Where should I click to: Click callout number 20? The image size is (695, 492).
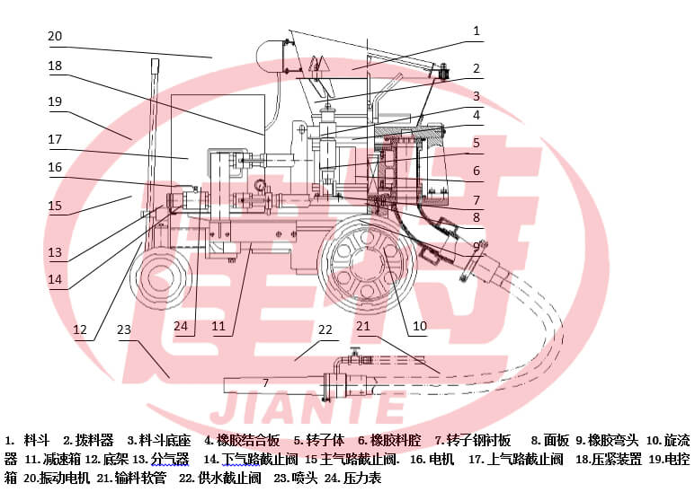click(55, 36)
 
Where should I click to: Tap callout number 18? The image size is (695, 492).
click(55, 66)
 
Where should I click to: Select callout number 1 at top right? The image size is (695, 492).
click(477, 31)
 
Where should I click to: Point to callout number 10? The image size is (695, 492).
click(420, 327)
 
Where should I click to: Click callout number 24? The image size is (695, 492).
click(181, 327)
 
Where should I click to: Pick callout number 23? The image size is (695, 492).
click(124, 329)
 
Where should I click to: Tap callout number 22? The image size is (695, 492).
click(325, 329)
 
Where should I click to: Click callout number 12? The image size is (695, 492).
click(80, 329)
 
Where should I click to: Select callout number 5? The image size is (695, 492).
click(477, 143)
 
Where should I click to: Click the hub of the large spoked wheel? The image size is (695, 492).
click(367, 266)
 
